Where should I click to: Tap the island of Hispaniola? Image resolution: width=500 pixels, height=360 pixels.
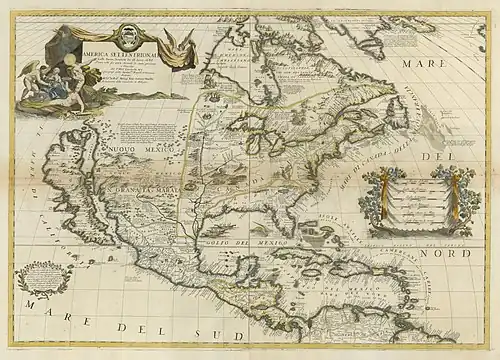tap(348, 273)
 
